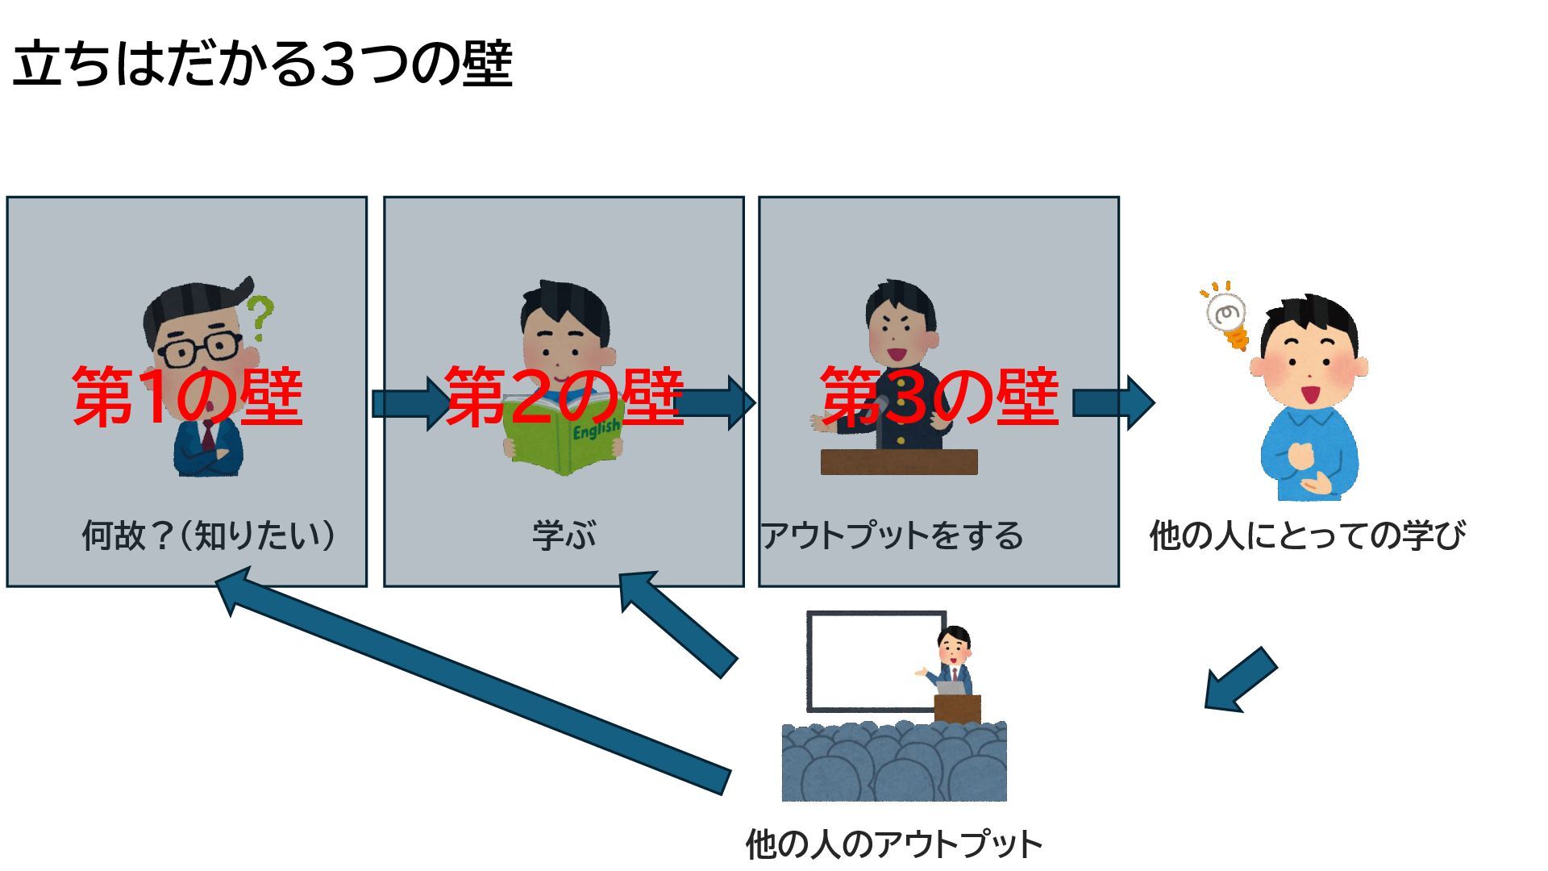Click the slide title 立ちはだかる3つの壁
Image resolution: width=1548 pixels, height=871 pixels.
click(263, 65)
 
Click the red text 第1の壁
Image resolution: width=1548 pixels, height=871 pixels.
click(187, 396)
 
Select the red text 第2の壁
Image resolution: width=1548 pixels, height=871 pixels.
click(564, 396)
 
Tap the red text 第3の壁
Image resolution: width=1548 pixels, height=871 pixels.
click(939, 396)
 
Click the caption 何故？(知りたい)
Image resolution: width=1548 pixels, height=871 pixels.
click(209, 536)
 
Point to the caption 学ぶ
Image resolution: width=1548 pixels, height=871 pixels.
click(564, 536)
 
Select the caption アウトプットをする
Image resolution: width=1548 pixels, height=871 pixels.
click(892, 536)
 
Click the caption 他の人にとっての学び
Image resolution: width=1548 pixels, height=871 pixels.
click(1307, 536)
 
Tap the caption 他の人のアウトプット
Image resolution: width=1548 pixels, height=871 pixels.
click(893, 844)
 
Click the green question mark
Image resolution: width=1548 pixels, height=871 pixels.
click(260, 316)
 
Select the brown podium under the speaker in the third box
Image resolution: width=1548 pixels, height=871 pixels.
click(899, 462)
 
